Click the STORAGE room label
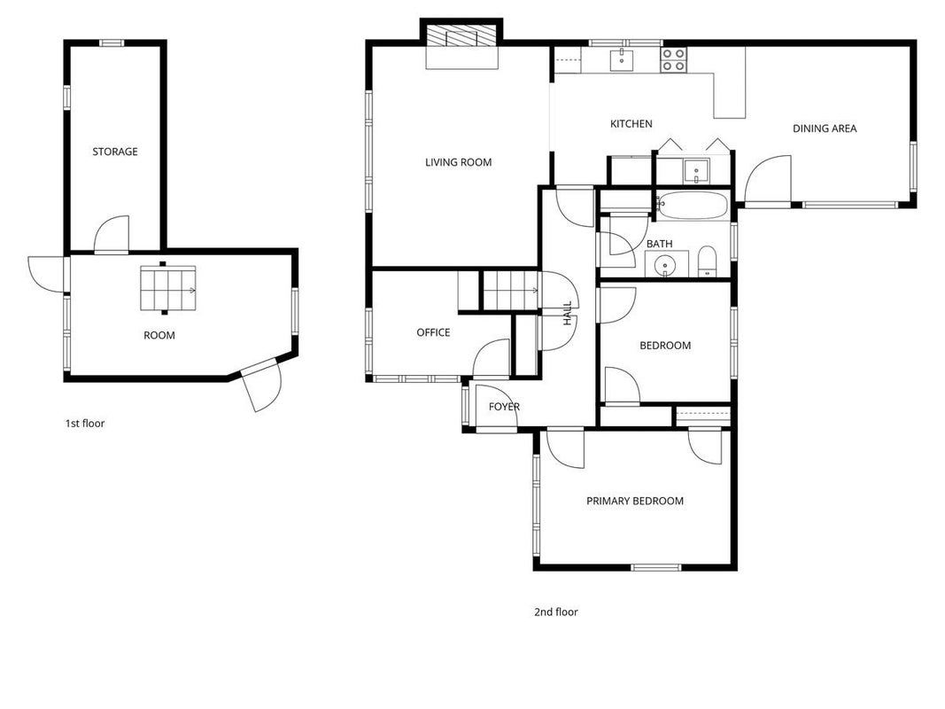tap(115, 152)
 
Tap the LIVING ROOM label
tap(458, 162)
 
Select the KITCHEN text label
tap(631, 123)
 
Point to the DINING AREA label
tap(825, 129)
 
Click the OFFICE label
tap(433, 332)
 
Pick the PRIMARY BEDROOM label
tap(635, 501)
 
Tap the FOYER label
tap(504, 407)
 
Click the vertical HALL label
tap(567, 314)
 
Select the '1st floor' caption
tap(85, 424)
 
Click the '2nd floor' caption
tap(555, 612)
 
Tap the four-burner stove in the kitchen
tap(673, 59)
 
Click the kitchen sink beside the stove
tap(622, 59)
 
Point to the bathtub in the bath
tap(692, 206)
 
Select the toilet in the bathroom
tap(707, 261)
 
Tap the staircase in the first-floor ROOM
tap(168, 289)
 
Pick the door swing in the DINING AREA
tap(769, 178)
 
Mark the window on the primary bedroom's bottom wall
tap(655, 567)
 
